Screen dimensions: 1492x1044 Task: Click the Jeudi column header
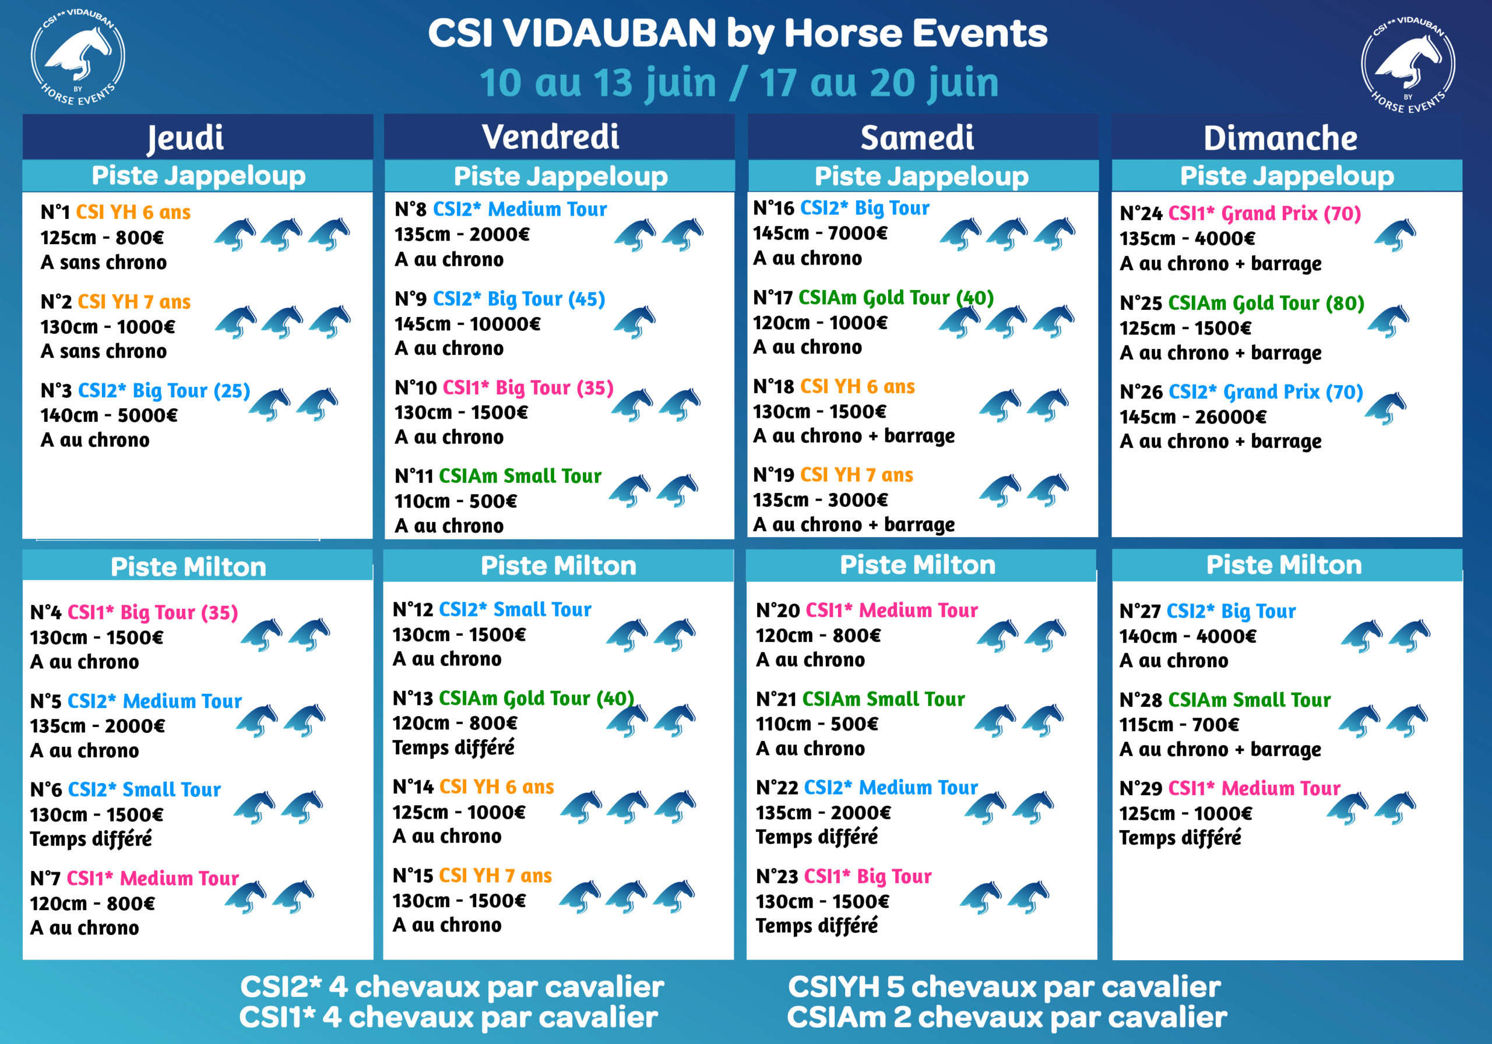185,137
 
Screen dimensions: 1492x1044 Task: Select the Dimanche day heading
1280,137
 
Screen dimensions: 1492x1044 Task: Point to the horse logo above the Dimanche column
1407,64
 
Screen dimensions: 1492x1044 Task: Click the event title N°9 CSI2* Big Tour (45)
499,299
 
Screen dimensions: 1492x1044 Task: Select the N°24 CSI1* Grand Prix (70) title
1240,213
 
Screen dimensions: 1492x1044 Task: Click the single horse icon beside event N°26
1385,408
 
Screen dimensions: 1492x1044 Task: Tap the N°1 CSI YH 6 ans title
115,213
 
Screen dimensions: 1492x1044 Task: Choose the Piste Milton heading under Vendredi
558,566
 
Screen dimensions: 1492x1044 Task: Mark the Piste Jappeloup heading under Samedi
921,176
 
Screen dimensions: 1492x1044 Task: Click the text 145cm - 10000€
467,323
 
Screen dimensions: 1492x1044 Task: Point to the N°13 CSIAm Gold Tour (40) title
513,699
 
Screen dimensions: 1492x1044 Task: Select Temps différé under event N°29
1180,837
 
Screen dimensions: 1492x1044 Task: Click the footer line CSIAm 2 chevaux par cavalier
1007,1017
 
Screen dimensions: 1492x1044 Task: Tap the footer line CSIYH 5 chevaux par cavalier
1004,987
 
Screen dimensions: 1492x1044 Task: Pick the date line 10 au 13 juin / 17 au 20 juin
739,83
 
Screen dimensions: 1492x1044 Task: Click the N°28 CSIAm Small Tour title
1225,700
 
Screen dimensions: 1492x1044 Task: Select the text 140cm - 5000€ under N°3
108,415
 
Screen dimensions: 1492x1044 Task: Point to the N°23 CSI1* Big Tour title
843,876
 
